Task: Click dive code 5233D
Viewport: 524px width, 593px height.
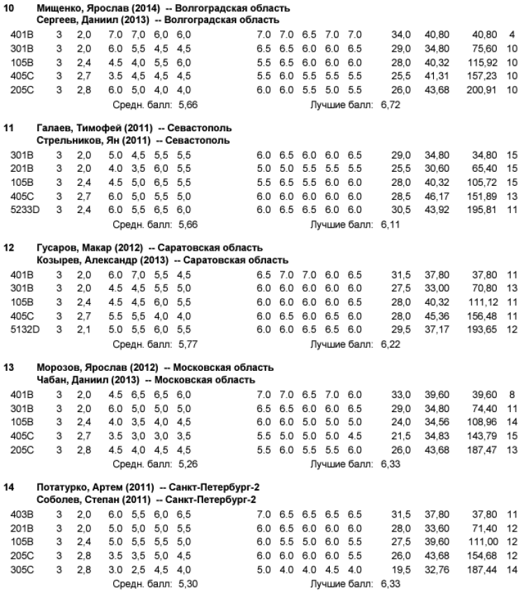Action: point(25,209)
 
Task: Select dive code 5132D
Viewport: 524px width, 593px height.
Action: point(25,328)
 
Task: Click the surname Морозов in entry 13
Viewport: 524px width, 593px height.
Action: point(57,367)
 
